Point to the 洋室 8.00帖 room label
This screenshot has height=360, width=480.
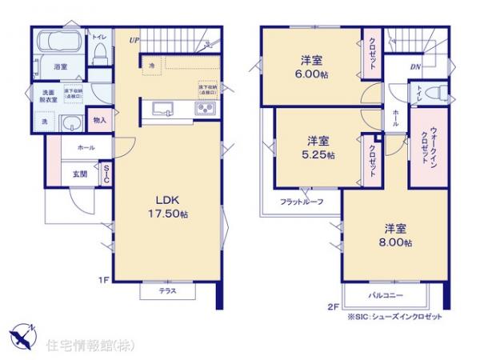click(395, 234)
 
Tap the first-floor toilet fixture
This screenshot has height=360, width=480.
click(99, 53)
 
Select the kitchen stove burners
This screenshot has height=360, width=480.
click(203, 109)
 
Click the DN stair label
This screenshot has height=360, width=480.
click(415, 67)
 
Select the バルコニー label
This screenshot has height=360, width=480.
click(385, 295)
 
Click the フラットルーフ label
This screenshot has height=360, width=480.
click(302, 202)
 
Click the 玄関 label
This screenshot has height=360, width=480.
click(80, 174)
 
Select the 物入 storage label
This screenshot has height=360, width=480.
click(99, 121)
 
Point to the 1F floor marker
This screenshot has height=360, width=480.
click(102, 279)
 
